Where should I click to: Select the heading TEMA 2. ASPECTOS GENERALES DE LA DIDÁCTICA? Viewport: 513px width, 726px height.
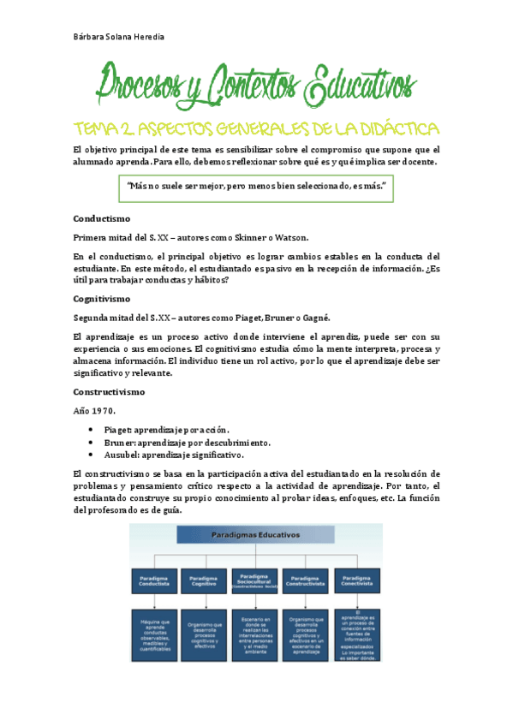pos(256,128)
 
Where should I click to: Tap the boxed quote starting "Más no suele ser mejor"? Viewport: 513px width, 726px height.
pos(256,187)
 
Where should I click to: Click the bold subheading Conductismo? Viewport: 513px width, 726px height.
pos(101,217)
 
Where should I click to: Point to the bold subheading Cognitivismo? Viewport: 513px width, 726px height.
pos(101,299)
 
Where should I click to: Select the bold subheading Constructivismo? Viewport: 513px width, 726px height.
pos(109,391)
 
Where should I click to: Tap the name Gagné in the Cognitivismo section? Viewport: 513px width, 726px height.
pos(312,318)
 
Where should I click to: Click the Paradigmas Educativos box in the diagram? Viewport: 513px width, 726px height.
pos(257,535)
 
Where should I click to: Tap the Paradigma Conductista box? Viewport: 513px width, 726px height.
pos(153,581)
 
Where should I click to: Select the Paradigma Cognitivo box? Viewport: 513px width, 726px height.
pos(205,581)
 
